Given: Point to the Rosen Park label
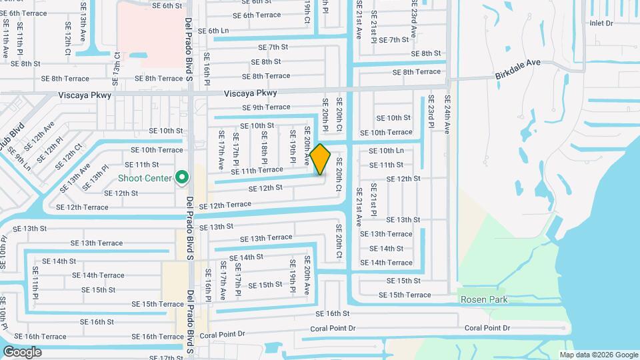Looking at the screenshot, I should pos(484,299).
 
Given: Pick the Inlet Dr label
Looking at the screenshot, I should pos(601,23).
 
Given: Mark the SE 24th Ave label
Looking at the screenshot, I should pos(447,115).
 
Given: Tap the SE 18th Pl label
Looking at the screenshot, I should pos(264,152).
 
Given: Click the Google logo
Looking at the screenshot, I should pos(22,352).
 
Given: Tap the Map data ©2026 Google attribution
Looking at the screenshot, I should pos(599,355).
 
